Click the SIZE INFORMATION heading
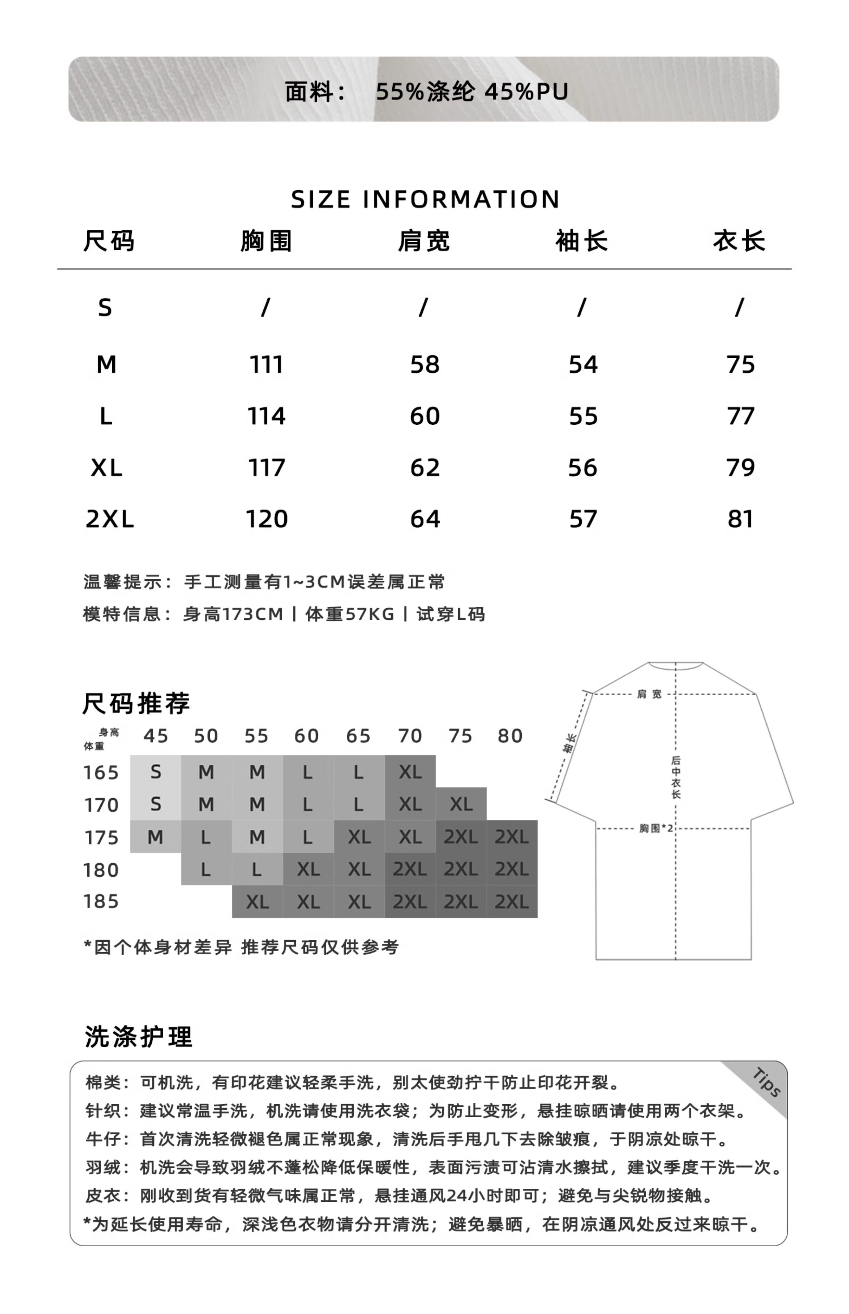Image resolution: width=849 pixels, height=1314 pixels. click(x=425, y=199)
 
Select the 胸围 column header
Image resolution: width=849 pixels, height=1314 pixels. click(x=266, y=241)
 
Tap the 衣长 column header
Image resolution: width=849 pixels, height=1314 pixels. click(x=739, y=241)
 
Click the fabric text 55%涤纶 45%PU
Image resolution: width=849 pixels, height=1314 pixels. click(x=472, y=91)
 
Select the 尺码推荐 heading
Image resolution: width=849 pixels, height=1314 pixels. click(x=136, y=704)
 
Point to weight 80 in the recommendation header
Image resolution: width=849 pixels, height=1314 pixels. click(x=510, y=736)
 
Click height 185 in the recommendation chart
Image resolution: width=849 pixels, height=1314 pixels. click(x=101, y=901)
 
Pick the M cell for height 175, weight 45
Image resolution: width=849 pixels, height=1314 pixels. click(x=155, y=837)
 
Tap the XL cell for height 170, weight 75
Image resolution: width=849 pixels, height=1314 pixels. click(x=461, y=804)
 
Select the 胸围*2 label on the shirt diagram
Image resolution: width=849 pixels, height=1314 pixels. click(x=656, y=828)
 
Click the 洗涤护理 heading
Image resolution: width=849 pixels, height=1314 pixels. click(x=139, y=1037)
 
